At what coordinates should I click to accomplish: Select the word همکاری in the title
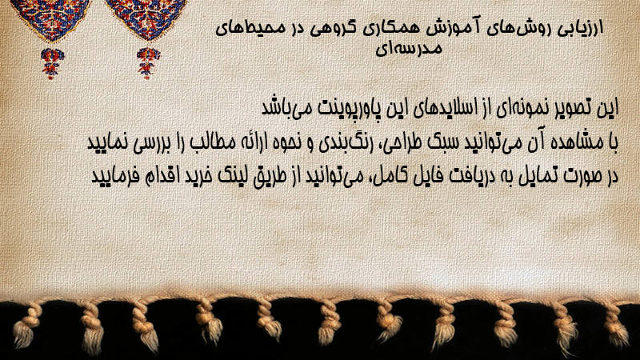tap(390, 29)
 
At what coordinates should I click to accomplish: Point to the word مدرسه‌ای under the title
tap(409, 48)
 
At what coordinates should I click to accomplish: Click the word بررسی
tap(141, 143)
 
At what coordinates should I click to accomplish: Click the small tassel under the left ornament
tap(52, 63)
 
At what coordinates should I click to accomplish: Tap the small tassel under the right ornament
tap(148, 63)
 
